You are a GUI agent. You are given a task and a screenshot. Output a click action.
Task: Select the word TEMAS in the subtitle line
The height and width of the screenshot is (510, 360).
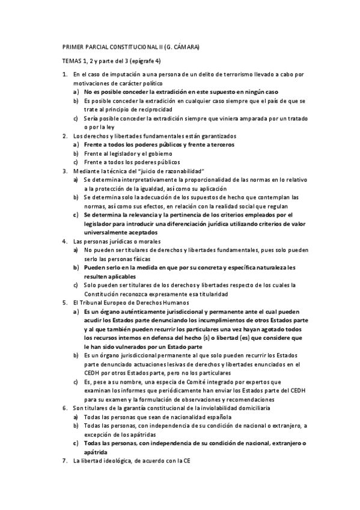pyautogui.click(x=73, y=61)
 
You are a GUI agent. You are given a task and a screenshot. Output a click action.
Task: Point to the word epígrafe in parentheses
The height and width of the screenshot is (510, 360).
pyautogui.click(x=157, y=61)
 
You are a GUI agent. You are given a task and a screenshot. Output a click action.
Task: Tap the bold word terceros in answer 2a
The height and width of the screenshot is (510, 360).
pyautogui.click(x=216, y=145)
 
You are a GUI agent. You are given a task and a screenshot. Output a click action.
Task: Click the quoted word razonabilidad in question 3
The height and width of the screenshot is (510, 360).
pyautogui.click(x=180, y=171)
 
